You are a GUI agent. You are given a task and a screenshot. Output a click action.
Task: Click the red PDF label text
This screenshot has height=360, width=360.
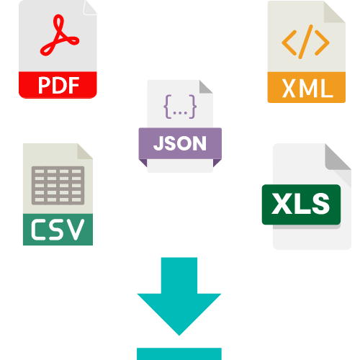click(x=59, y=85)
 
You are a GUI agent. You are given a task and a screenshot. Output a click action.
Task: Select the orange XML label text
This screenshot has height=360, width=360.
click(x=307, y=88)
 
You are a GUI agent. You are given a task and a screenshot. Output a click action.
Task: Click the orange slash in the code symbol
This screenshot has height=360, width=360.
click(x=305, y=42)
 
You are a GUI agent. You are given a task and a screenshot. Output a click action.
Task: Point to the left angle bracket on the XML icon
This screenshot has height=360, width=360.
click(x=288, y=42)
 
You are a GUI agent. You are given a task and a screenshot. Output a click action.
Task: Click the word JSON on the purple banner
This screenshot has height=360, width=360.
click(x=180, y=143)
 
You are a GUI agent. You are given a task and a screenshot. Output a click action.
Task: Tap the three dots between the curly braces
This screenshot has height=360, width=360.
click(x=180, y=113)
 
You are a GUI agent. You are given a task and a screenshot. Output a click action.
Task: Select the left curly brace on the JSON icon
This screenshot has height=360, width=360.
click(x=168, y=107)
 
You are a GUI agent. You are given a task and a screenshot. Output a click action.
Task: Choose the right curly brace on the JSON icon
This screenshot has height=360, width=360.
click(x=193, y=107)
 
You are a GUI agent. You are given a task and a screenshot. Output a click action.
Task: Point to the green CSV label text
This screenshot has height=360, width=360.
click(x=58, y=230)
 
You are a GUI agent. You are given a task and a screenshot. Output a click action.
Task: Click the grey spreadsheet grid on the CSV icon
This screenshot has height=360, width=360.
click(x=58, y=186)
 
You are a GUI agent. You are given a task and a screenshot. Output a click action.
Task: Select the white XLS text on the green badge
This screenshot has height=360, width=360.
click(x=301, y=204)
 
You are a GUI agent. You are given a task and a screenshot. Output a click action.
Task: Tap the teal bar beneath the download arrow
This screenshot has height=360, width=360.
click(x=179, y=354)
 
